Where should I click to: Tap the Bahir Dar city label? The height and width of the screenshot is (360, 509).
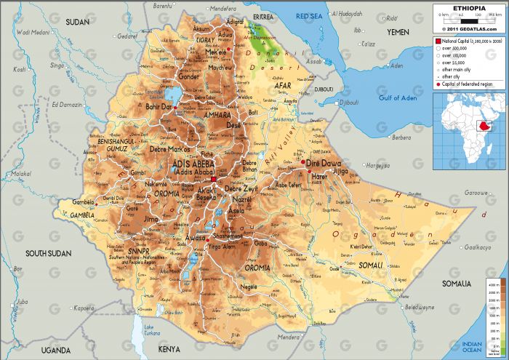pyautogui.click(x=158, y=107)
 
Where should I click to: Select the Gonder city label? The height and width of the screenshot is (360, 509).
pyautogui.click(x=188, y=76)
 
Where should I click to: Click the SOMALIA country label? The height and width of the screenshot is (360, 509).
pyautogui.click(x=457, y=282)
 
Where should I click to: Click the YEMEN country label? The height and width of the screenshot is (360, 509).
pyautogui.click(x=398, y=32)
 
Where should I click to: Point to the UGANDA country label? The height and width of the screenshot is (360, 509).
pyautogui.click(x=56, y=350)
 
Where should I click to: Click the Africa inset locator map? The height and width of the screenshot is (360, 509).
pyautogui.click(x=469, y=129)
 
